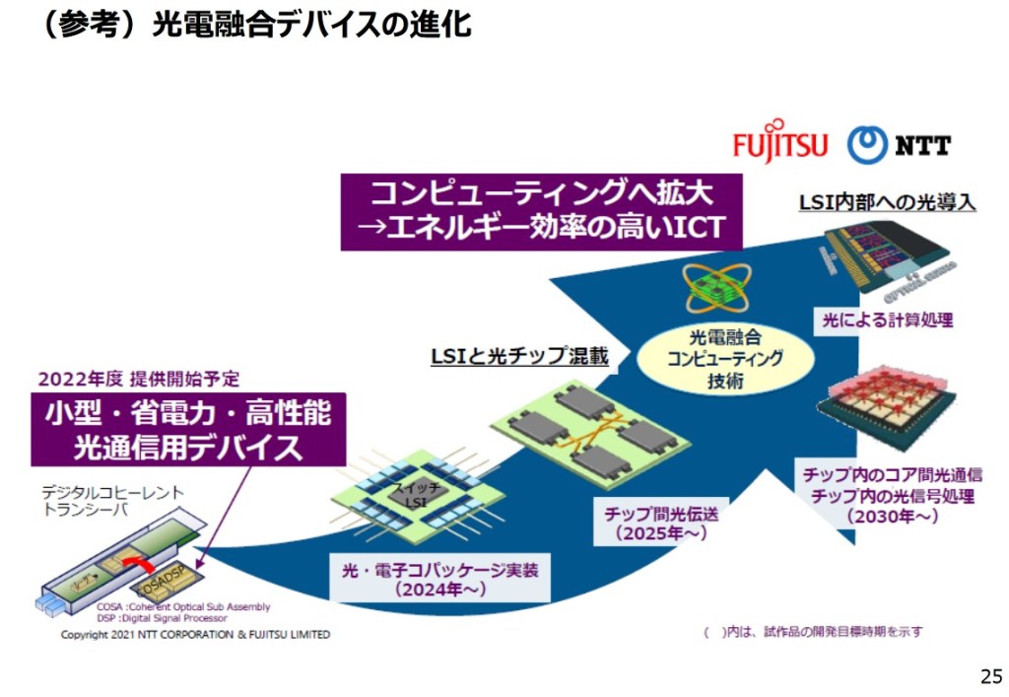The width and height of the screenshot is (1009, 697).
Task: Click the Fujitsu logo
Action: pos(779,143)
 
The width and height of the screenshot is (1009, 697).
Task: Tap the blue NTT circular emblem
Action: pos(866,144)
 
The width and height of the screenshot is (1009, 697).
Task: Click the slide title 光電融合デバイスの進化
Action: pos(255,24)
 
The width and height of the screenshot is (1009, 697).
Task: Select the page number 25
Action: pos(989,675)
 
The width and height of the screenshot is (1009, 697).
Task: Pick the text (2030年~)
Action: pos(892,516)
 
